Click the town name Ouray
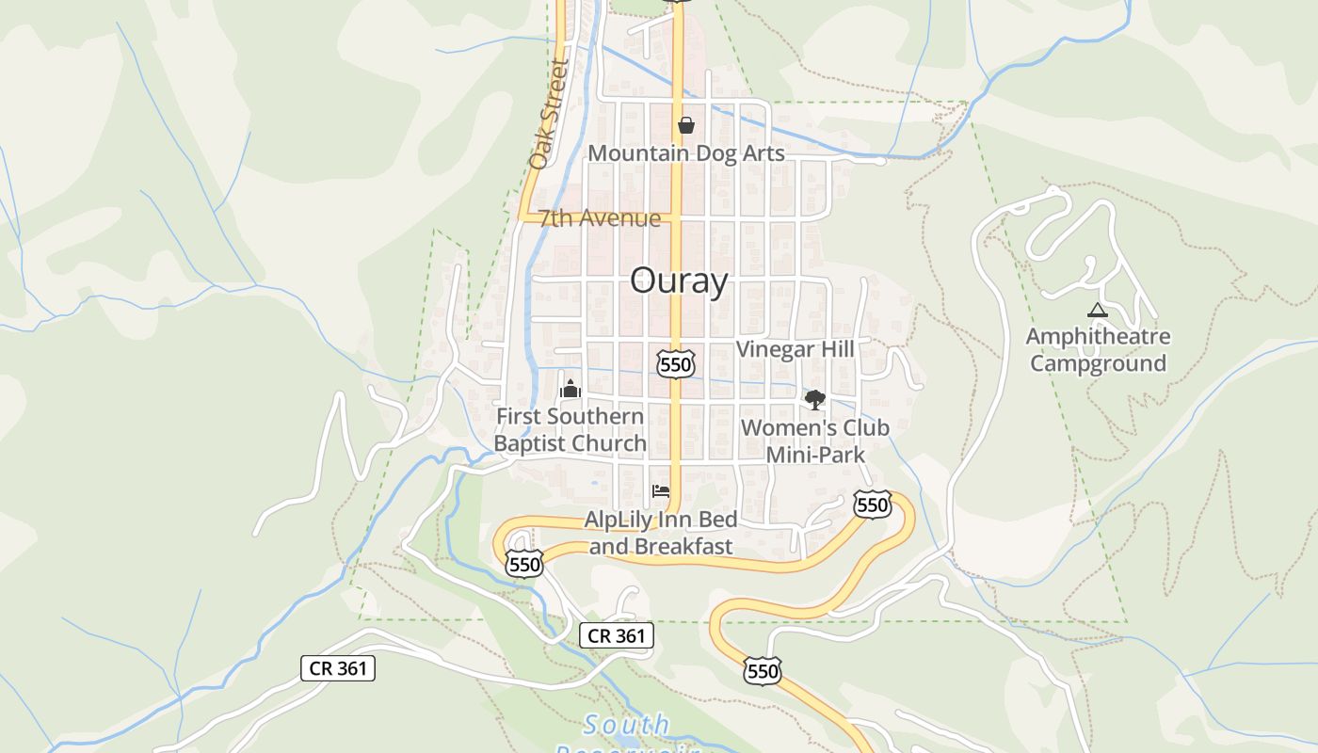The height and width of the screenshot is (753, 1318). click(x=678, y=280)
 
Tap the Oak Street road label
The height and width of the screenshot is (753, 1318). click(x=550, y=115)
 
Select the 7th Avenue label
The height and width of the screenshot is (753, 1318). click(x=600, y=218)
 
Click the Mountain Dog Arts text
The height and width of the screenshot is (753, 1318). click(x=685, y=152)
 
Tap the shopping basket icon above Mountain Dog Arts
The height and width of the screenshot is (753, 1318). click(x=685, y=124)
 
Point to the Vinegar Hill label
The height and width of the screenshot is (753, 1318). click(x=795, y=349)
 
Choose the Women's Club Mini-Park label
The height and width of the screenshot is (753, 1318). click(x=814, y=441)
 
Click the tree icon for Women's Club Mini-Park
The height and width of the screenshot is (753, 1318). click(x=814, y=399)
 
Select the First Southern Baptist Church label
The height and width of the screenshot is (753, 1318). click(x=571, y=429)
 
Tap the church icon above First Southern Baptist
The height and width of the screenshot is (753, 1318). click(x=571, y=388)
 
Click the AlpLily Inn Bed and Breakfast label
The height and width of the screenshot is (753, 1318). click(x=661, y=532)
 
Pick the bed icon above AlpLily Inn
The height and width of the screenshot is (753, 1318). click(x=661, y=490)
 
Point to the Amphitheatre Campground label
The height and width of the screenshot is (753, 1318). click(x=1098, y=349)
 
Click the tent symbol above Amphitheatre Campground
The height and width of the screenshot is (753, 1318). click(x=1097, y=310)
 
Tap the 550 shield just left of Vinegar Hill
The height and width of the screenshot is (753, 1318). click(x=676, y=363)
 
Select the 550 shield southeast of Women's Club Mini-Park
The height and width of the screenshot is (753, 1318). click(x=873, y=505)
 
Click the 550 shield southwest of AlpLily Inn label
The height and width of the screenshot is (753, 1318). click(x=523, y=564)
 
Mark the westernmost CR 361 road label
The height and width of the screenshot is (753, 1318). click(x=338, y=668)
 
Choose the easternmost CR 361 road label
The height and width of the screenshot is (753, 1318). click(x=616, y=635)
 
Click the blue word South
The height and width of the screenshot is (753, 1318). click(x=626, y=725)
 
